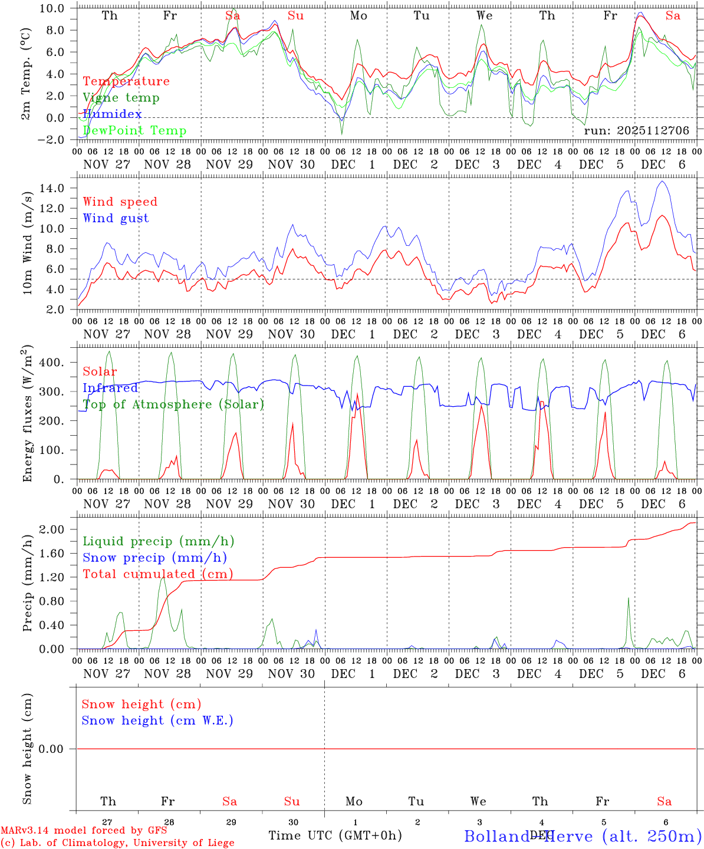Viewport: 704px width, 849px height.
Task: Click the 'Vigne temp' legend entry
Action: tap(121, 98)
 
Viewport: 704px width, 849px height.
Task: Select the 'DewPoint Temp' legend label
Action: tap(134, 131)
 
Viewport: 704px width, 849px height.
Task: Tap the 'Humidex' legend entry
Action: tap(112, 114)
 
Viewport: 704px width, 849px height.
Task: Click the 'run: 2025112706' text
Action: tap(636, 131)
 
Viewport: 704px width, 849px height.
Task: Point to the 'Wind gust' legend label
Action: tap(116, 218)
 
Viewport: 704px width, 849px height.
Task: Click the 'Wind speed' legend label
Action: tap(120, 202)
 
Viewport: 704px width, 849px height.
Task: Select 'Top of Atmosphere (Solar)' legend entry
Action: tap(173, 404)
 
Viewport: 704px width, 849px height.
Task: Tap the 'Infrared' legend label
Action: tap(110, 388)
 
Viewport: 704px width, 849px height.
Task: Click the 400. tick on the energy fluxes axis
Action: tap(54, 363)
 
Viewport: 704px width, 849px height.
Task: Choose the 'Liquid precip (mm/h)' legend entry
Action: tap(158, 541)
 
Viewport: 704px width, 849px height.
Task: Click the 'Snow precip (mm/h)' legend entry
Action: tap(154, 558)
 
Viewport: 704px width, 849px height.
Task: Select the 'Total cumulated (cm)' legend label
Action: tap(157, 574)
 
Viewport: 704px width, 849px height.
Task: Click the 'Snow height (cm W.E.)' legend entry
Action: tap(157, 720)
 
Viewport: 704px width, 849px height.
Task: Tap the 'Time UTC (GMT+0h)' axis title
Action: tap(335, 835)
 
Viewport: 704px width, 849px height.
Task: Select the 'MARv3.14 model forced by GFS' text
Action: tap(84, 831)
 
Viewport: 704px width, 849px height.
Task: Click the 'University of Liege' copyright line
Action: tap(117, 843)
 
